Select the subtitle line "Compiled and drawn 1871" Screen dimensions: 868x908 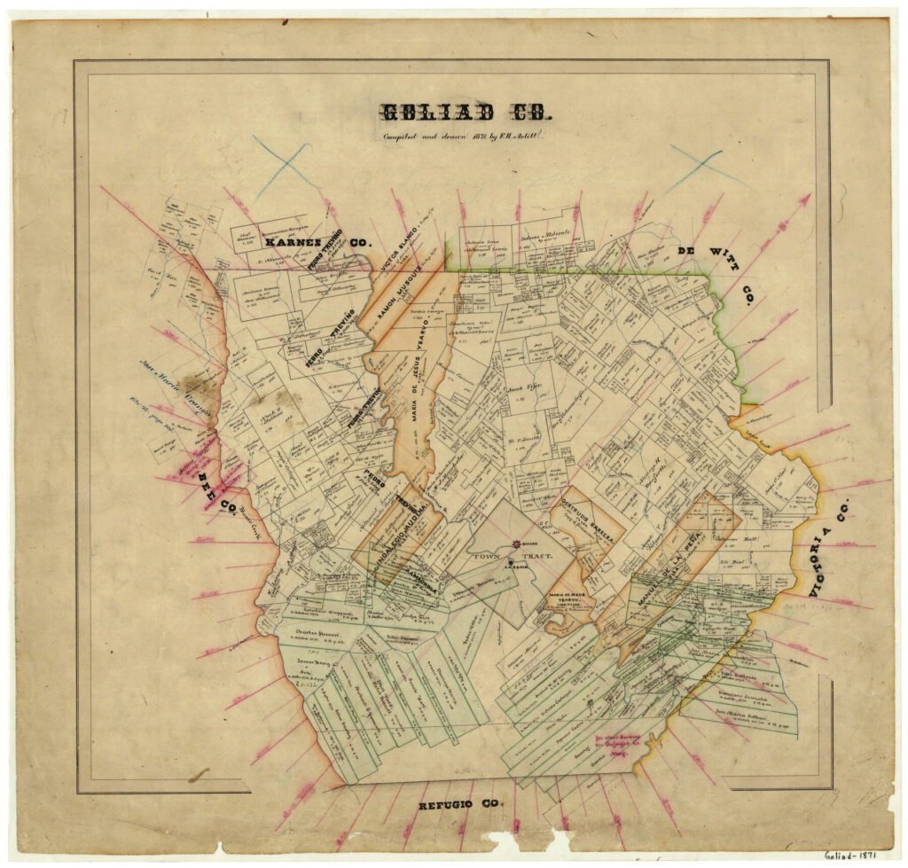point(460,136)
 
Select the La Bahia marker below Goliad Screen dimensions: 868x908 point(511,564)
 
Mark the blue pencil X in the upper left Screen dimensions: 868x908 point(281,164)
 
